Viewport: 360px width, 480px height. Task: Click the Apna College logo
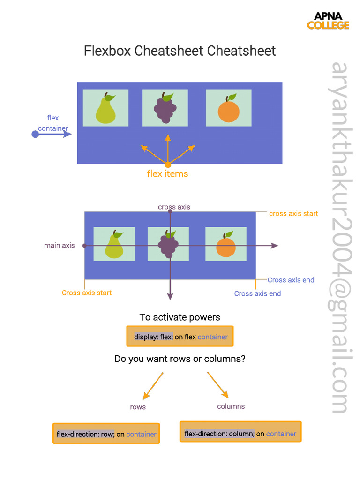328,21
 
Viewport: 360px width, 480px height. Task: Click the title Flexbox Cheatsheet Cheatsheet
180,51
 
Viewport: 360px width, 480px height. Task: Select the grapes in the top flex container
165,109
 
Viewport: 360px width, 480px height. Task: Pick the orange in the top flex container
229,110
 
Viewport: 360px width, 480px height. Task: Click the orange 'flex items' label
167,174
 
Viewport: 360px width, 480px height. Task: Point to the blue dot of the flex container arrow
35,135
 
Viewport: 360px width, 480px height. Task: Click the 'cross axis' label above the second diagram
174,207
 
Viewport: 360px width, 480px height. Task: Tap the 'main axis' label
59,245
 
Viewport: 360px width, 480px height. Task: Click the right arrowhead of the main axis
275,246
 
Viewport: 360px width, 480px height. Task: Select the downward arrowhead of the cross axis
170,296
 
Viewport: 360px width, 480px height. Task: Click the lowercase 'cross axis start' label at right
293,214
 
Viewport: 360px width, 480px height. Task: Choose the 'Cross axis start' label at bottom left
87,293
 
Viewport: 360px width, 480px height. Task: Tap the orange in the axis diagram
226,245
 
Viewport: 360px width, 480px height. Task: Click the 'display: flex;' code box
180,337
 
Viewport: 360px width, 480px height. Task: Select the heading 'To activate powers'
180,317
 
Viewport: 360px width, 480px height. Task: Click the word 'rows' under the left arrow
138,407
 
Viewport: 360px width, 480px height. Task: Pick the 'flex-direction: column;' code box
240,434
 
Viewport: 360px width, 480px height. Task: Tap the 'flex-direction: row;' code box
106,434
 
